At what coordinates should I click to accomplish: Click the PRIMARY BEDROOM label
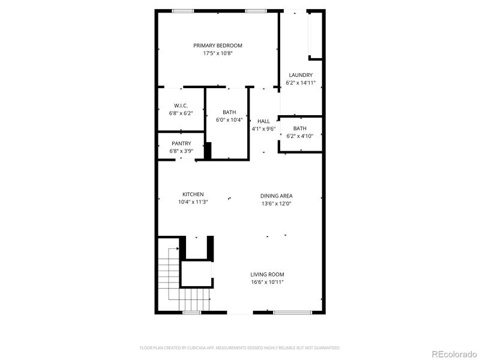point(218,46)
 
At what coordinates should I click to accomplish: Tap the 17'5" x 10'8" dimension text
point(218,53)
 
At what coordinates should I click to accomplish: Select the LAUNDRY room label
point(300,75)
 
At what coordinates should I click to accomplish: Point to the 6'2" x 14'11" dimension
point(301,83)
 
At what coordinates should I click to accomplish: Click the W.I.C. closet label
point(181,106)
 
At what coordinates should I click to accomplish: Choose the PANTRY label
point(181,143)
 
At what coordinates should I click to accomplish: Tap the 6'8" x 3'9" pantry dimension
point(181,151)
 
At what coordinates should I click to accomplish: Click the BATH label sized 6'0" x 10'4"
point(229,112)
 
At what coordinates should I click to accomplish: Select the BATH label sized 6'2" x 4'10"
point(300,128)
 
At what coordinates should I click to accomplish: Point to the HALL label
point(263,121)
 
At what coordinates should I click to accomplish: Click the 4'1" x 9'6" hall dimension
point(263,128)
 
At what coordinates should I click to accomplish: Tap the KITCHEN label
point(193,194)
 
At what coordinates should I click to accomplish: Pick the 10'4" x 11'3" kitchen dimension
point(193,202)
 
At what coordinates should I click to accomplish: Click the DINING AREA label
point(276,196)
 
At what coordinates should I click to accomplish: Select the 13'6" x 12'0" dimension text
point(276,203)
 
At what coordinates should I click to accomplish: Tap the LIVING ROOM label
point(268,274)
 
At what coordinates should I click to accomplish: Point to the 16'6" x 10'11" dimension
point(268,282)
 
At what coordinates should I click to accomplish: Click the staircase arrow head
point(178,248)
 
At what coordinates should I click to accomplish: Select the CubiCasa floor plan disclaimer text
point(240,347)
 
